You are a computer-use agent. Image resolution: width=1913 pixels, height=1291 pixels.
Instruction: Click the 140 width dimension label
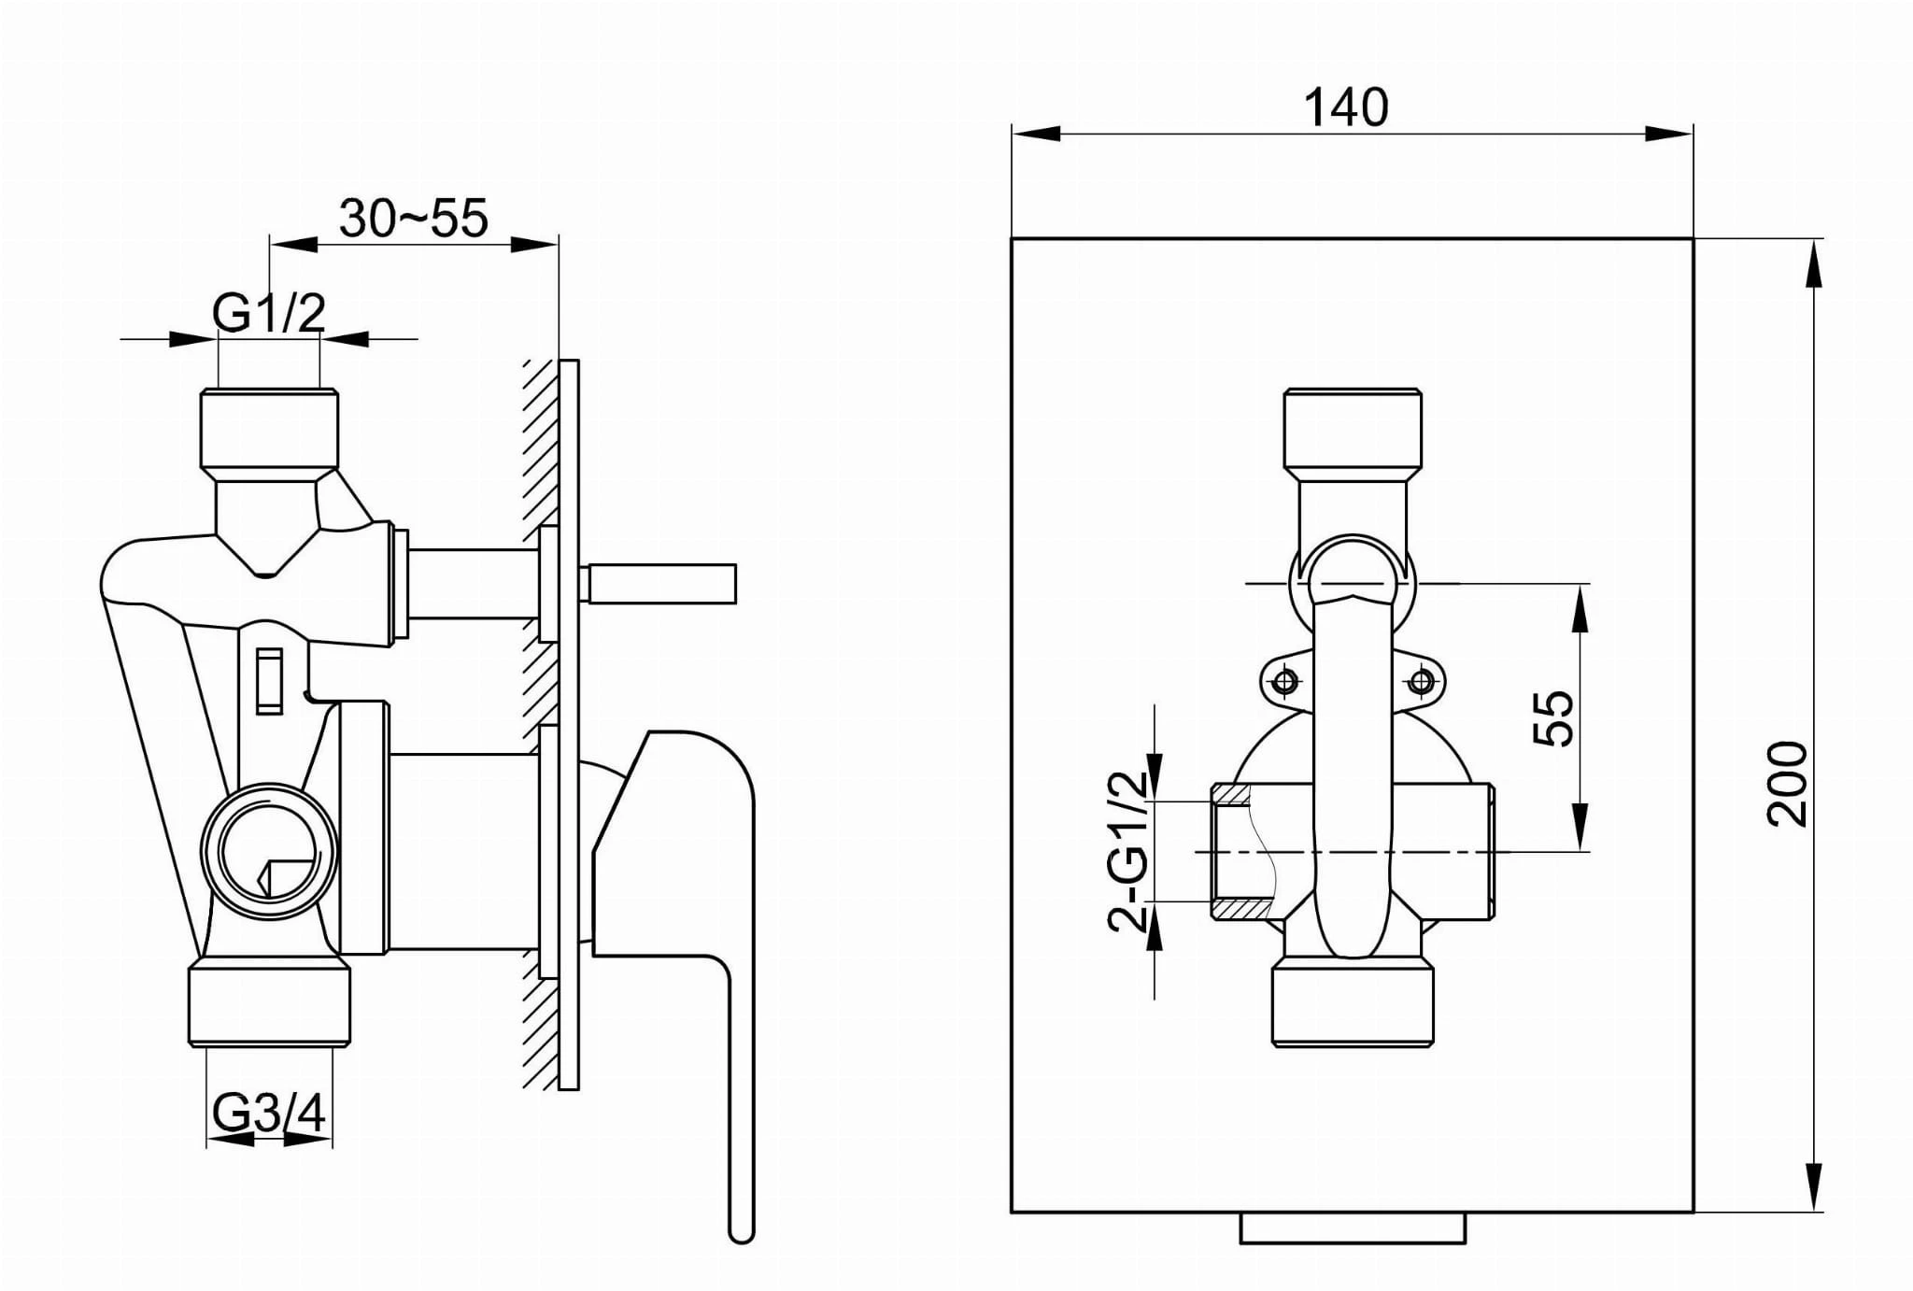[1345, 107]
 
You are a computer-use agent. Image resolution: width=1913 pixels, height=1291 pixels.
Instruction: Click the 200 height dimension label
[1786, 783]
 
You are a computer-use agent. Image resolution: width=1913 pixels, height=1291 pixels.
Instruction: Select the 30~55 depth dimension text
[413, 219]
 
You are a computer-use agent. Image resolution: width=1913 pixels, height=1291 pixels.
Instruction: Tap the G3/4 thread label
[269, 1113]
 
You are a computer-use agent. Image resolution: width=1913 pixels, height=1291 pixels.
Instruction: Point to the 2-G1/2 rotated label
[1127, 850]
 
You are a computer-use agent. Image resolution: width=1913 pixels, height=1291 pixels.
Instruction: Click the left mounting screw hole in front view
[1285, 681]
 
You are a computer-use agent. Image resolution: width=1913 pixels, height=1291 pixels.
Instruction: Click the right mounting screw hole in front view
[1421, 681]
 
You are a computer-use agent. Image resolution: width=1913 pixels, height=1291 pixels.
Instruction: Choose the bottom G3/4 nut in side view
[269, 1004]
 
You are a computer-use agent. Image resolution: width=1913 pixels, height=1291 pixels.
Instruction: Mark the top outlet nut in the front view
[1353, 432]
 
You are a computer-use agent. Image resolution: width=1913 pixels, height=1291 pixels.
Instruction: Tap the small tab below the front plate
[1353, 1227]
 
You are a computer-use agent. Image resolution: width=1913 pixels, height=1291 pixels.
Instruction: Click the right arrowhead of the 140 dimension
[1668, 134]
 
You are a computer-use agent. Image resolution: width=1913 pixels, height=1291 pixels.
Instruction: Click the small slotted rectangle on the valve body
[269, 680]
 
